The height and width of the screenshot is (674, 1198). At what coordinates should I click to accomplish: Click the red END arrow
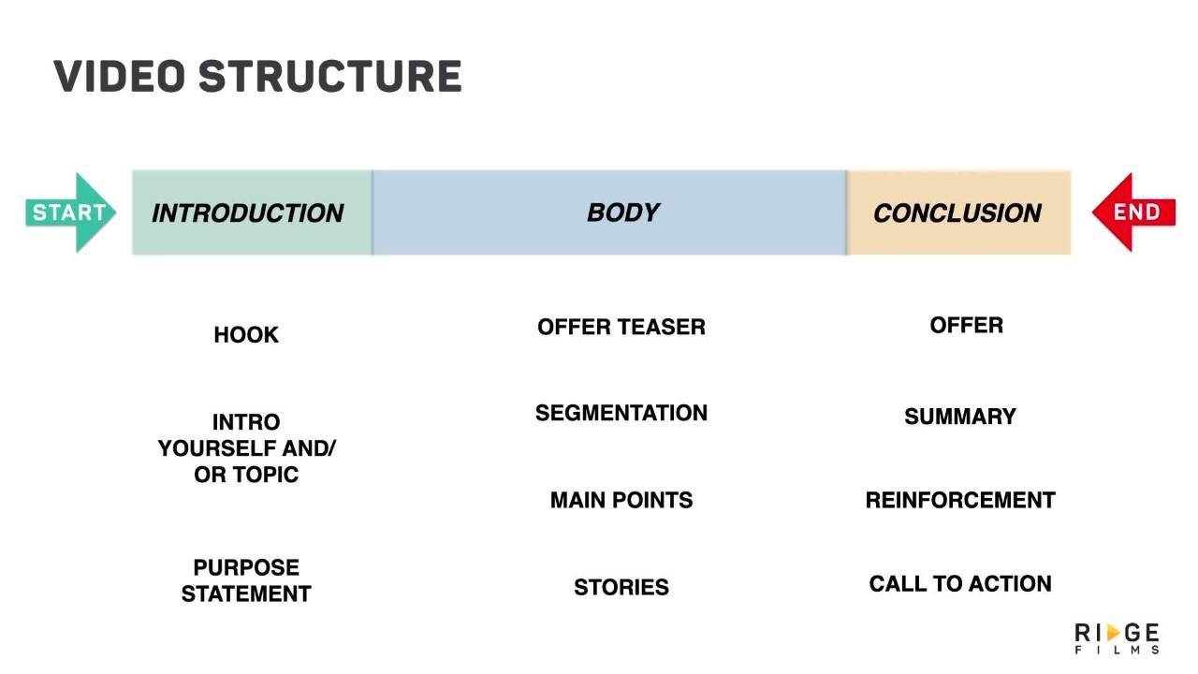(x=1135, y=212)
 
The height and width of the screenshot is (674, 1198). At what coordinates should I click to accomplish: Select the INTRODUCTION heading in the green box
(x=247, y=213)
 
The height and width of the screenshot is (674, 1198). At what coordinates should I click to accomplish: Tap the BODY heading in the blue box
(x=622, y=212)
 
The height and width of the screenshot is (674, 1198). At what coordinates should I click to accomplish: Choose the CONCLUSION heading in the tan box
(x=957, y=213)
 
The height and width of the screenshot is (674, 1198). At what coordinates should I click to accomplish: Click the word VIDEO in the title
(x=118, y=77)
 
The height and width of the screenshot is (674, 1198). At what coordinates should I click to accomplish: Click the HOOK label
(x=246, y=335)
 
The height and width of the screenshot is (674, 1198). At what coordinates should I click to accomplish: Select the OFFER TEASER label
(x=621, y=327)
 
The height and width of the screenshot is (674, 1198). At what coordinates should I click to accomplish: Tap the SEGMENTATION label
(x=621, y=413)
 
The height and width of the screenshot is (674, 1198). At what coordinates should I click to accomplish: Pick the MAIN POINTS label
(x=621, y=500)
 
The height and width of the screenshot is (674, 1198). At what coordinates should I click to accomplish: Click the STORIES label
(x=621, y=587)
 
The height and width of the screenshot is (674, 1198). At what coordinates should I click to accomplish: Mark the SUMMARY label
(x=960, y=417)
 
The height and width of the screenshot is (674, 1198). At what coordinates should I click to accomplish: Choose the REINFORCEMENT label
(x=960, y=500)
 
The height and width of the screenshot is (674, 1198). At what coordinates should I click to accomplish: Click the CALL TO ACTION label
(x=960, y=583)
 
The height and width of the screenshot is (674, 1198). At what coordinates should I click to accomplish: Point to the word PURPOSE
(x=246, y=567)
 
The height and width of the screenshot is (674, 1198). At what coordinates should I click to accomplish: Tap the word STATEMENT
(x=246, y=593)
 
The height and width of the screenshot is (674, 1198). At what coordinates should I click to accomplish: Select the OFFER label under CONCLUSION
(x=966, y=325)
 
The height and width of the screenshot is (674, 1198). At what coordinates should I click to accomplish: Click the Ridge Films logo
(x=1117, y=637)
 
